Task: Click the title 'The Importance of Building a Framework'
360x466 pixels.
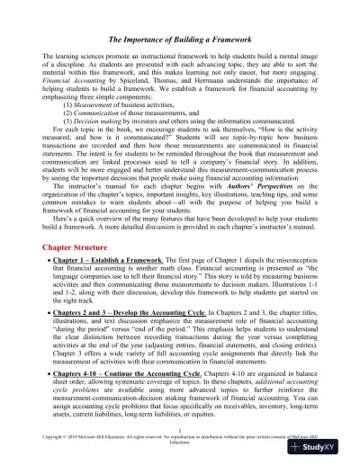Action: point(180,64)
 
